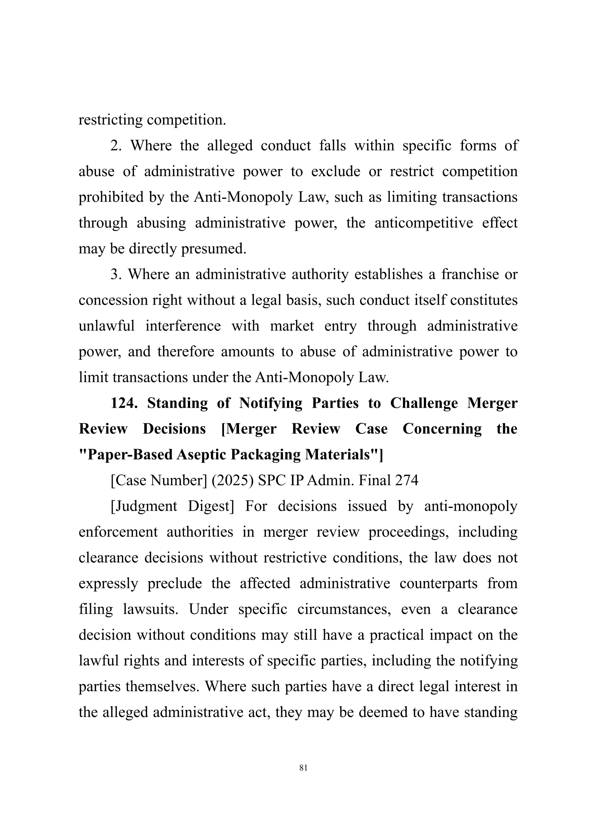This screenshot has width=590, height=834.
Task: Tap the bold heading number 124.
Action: tap(124, 403)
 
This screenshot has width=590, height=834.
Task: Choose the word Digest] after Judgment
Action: tap(211, 506)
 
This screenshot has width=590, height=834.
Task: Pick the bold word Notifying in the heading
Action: tap(271, 403)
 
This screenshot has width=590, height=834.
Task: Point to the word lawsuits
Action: tap(150, 609)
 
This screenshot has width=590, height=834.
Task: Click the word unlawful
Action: tap(106, 326)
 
